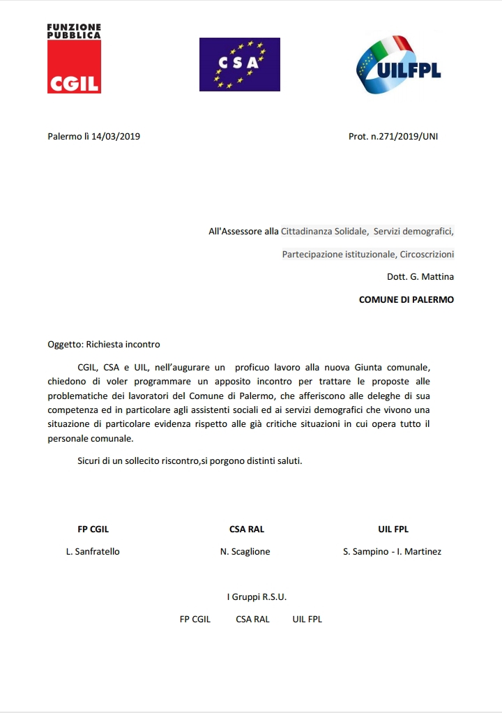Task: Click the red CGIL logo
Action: pyautogui.click(x=73, y=67)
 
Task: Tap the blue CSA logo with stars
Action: pyautogui.click(x=239, y=64)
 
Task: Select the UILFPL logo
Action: pyautogui.click(x=398, y=66)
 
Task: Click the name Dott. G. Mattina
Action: pyautogui.click(x=420, y=276)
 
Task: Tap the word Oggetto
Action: pyautogui.click(x=64, y=344)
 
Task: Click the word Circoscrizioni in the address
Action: pyautogui.click(x=427, y=254)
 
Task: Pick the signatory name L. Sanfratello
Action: pyautogui.click(x=93, y=551)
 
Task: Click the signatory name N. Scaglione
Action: pyautogui.click(x=245, y=551)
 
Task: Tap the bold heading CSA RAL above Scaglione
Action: pyautogui.click(x=247, y=529)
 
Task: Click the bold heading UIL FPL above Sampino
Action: pyautogui.click(x=393, y=529)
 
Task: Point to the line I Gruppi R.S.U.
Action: pyautogui.click(x=257, y=596)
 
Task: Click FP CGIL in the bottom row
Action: pyautogui.click(x=195, y=619)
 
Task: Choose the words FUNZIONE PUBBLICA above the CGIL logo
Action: pyautogui.click(x=73, y=31)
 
